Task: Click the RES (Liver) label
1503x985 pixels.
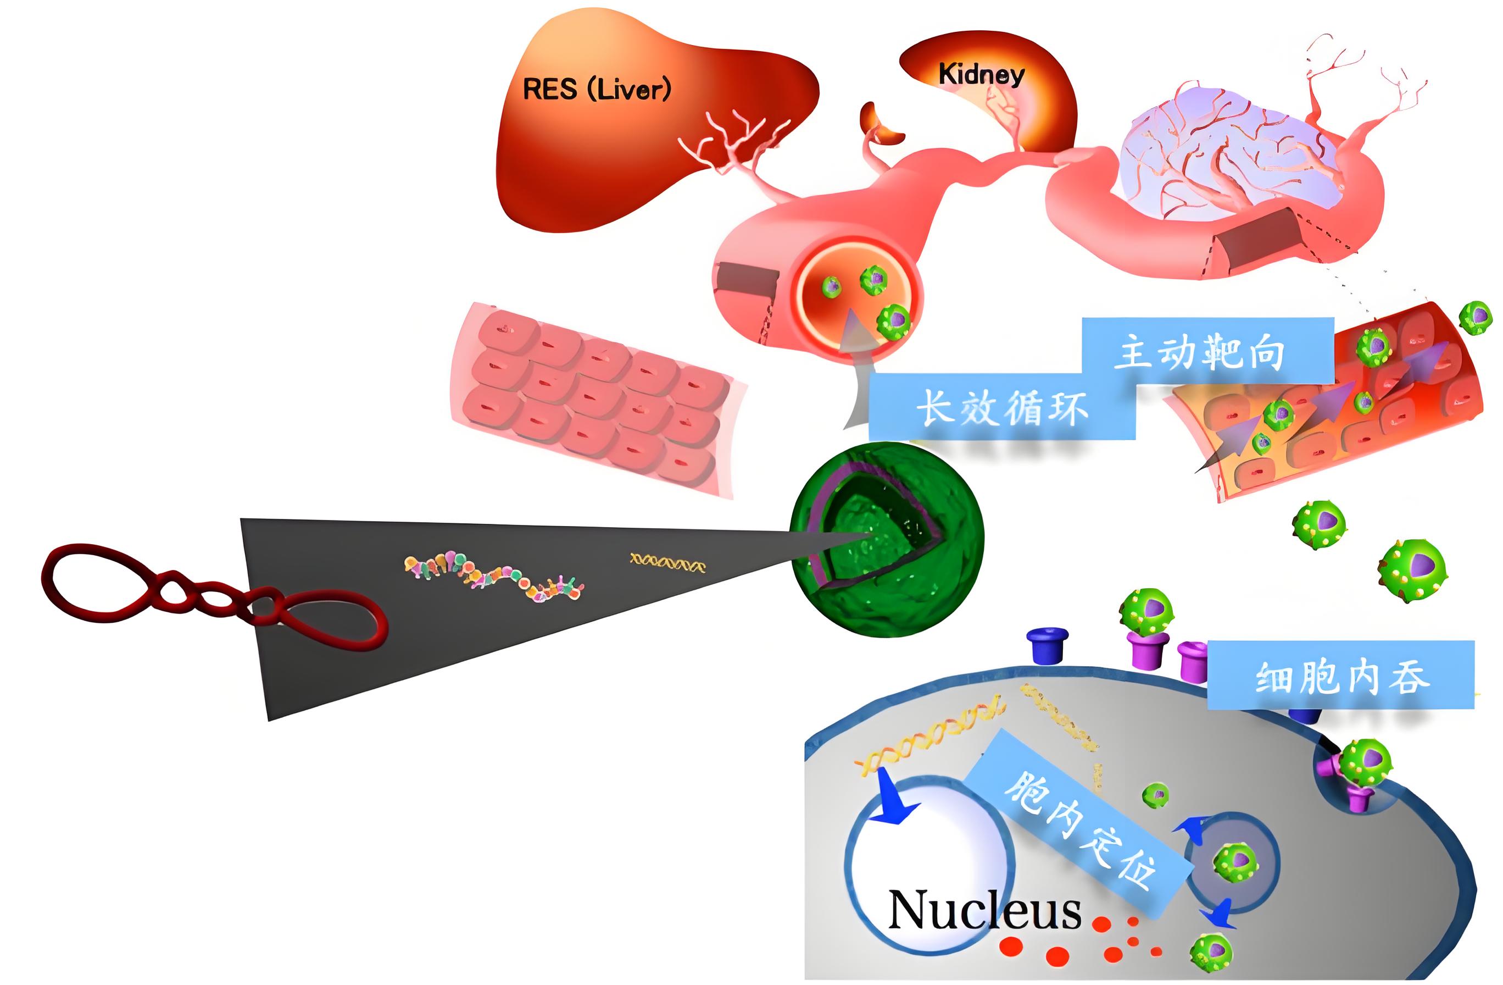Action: [596, 89]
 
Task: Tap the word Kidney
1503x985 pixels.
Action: [981, 75]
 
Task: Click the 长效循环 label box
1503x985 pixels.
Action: [1001, 407]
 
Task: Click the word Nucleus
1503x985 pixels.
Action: [984, 910]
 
